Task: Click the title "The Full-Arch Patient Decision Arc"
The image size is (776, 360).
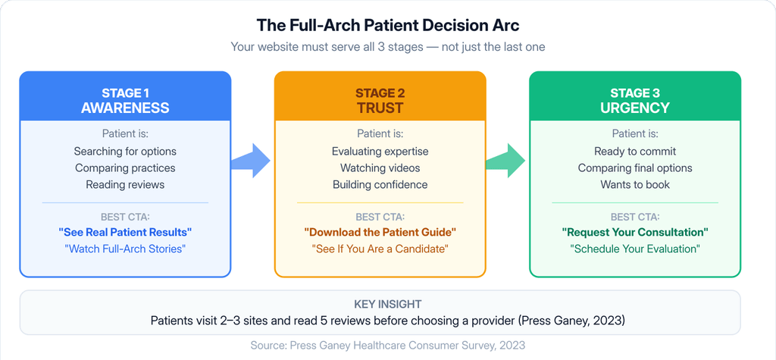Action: (x=387, y=26)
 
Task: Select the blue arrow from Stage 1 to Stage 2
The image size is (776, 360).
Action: (x=250, y=161)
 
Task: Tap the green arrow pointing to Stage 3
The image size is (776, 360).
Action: (x=505, y=161)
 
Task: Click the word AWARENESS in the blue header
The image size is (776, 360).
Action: (x=125, y=108)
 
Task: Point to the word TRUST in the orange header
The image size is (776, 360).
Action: (x=380, y=108)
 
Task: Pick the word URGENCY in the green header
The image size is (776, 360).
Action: (x=635, y=108)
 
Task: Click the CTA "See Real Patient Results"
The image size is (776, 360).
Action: (x=125, y=232)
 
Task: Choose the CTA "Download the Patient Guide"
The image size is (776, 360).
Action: (x=380, y=232)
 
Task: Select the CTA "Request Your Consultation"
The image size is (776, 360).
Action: (x=635, y=232)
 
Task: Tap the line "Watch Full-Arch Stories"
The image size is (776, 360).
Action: (x=125, y=249)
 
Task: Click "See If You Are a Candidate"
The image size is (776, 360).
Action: (x=380, y=249)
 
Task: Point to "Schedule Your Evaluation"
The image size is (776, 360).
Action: (x=635, y=249)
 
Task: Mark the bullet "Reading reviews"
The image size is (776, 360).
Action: (x=125, y=185)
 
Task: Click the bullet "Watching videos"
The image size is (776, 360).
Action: (x=380, y=167)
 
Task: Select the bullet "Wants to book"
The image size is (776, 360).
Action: (x=635, y=185)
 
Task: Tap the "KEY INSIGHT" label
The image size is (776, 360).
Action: (x=387, y=304)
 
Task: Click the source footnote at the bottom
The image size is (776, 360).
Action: (x=387, y=345)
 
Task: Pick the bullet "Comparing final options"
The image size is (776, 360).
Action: (x=635, y=167)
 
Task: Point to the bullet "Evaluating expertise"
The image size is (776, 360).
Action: (x=380, y=151)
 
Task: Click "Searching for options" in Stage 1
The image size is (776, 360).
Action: (x=125, y=151)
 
